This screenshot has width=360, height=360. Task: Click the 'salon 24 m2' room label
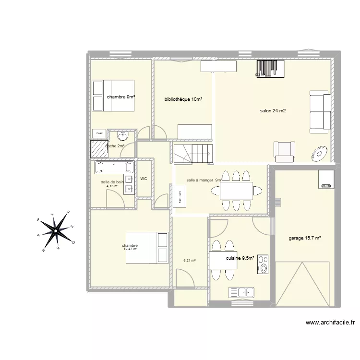point(273,111)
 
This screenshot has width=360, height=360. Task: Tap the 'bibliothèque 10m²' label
point(183,99)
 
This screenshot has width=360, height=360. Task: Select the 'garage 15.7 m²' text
point(305,238)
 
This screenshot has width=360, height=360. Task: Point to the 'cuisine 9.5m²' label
point(240,257)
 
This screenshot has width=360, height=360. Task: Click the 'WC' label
point(144,179)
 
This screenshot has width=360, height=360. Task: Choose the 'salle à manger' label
point(200,180)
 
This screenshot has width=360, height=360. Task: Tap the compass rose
point(56,231)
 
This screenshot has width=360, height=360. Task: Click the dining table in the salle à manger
point(236,191)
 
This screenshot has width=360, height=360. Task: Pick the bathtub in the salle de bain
point(114,167)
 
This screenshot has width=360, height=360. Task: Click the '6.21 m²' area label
point(190,261)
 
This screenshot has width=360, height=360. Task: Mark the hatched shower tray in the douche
point(98,149)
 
